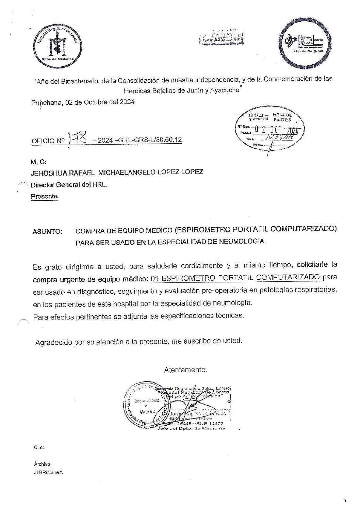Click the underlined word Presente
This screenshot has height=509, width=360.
click(44, 196)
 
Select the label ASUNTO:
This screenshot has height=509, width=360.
click(47, 232)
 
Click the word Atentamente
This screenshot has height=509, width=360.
click(185, 370)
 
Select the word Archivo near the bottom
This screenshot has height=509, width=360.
click(42, 464)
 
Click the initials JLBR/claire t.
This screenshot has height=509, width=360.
click(48, 473)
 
